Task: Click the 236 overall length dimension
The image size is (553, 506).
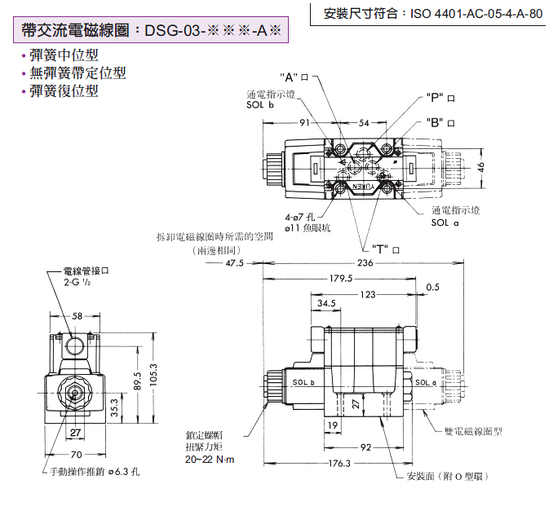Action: click(x=364, y=263)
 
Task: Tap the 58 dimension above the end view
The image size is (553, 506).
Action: click(x=77, y=315)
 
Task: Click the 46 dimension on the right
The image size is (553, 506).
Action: click(x=481, y=166)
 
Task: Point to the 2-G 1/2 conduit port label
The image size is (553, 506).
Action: click(x=81, y=281)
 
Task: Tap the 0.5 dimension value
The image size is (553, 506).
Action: click(x=432, y=287)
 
